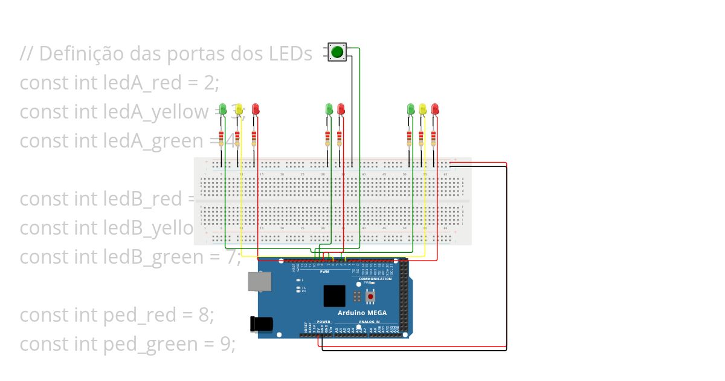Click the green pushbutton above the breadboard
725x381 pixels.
click(337, 52)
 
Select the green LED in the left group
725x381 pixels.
click(222, 109)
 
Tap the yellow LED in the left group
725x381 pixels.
click(239, 109)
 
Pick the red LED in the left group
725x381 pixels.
click(256, 109)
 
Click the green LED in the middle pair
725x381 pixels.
click(329, 109)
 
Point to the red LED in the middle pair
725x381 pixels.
click(341, 109)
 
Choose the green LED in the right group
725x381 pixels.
click(411, 109)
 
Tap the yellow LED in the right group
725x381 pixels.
click(423, 109)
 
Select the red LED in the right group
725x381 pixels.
click(435, 109)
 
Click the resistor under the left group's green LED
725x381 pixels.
click(221, 138)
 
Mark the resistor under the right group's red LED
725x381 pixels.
click(434, 138)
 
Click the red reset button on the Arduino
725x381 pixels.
click(370, 296)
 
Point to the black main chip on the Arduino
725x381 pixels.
click(334, 296)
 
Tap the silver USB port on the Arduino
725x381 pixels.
click(259, 281)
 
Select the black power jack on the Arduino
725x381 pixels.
click(262, 324)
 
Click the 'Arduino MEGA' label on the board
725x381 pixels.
click(362, 313)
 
